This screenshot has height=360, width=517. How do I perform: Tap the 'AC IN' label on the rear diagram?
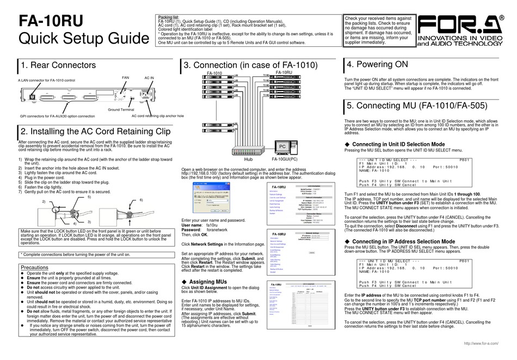click(149, 78)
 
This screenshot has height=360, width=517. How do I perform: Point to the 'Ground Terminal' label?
click(121, 109)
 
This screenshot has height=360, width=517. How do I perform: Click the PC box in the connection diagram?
click(282, 147)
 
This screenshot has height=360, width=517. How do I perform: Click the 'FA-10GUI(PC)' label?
click(284, 160)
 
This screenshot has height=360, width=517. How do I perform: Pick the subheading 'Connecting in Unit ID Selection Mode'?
click(398, 144)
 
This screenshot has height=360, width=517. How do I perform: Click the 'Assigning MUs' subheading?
click(207, 282)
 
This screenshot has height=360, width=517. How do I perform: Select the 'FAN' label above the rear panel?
click(126, 78)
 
